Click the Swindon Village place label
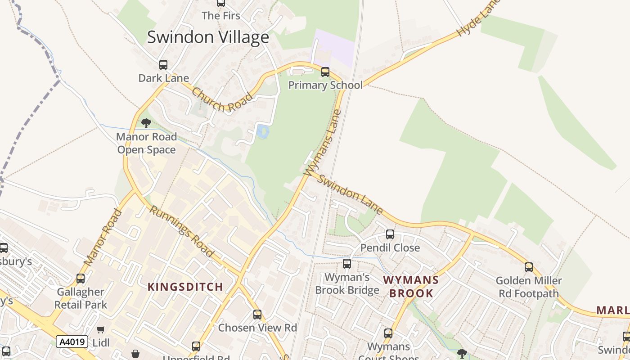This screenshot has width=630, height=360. (x=208, y=37)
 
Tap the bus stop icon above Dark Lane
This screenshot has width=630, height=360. (x=163, y=65)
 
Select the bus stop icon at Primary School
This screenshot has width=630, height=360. (x=325, y=72)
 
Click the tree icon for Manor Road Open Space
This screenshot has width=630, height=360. (x=146, y=123)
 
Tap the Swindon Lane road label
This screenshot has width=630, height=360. (x=351, y=194)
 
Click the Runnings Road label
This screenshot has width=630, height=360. (x=181, y=231)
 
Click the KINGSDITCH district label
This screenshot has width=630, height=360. (x=185, y=287)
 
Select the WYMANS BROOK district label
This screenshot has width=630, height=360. (x=411, y=287)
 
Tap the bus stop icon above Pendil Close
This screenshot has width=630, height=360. (x=390, y=234)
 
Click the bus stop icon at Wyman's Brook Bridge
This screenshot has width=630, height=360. (x=347, y=264)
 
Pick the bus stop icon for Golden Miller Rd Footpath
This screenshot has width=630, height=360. (x=529, y=267)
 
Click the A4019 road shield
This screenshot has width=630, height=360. (x=72, y=342)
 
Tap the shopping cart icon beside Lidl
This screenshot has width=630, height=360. (x=101, y=330)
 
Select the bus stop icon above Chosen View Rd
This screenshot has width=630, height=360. (x=257, y=315)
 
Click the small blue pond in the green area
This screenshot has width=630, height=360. (x=263, y=132)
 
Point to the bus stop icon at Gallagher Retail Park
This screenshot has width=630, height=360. (x=81, y=279)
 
